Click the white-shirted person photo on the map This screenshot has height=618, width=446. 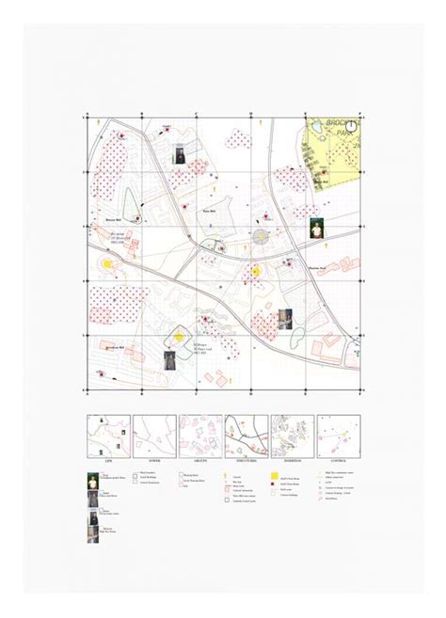317,229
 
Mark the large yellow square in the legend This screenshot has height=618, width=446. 274,477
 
